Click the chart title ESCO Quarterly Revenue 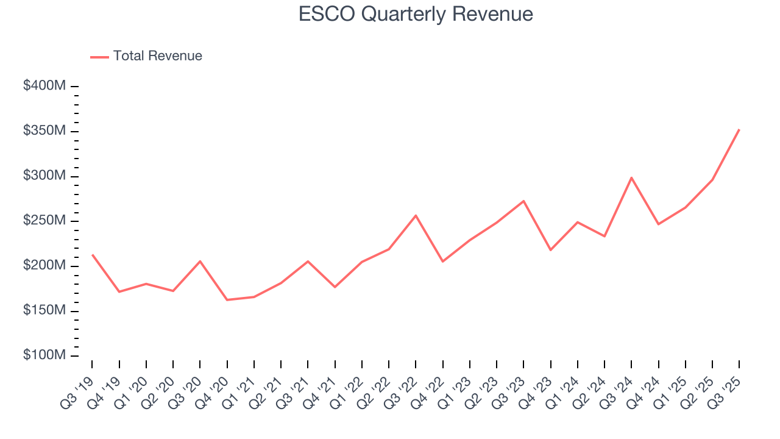[x=416, y=14]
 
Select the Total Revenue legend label [x=157, y=56]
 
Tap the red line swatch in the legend [x=99, y=57]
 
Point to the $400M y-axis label [x=44, y=86]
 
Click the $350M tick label [x=44, y=131]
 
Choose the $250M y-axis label [x=44, y=221]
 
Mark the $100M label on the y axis [x=44, y=355]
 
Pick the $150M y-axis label [x=44, y=311]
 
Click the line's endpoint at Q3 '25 [x=739, y=129]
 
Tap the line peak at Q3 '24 [x=631, y=177]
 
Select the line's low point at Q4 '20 [x=227, y=300]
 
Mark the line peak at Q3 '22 [x=416, y=215]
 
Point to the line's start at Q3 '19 [x=92, y=255]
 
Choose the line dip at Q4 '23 [x=550, y=250]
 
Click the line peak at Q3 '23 [x=523, y=201]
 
